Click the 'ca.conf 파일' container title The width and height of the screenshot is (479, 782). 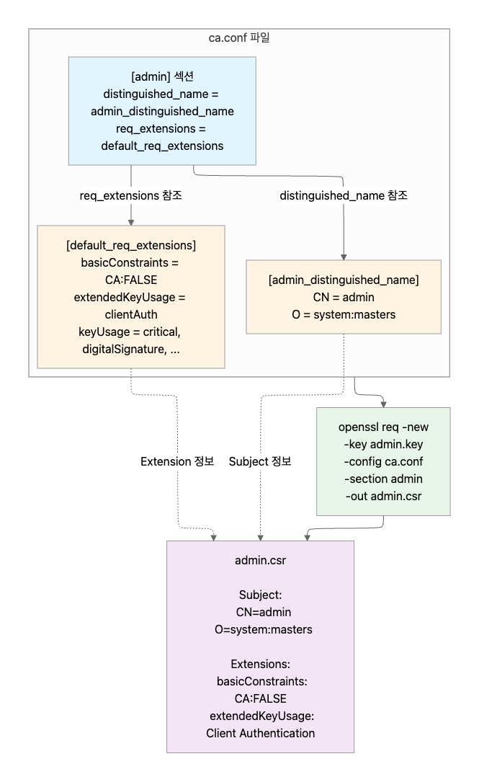[x=238, y=38]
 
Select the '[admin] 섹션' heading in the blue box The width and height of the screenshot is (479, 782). [x=162, y=76]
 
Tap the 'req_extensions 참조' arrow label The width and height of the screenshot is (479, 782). [x=130, y=195]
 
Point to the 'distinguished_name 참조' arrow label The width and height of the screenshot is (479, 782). [x=344, y=195]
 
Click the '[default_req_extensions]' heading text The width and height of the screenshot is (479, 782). [x=130, y=245]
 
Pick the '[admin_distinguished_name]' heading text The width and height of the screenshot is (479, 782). [x=343, y=280]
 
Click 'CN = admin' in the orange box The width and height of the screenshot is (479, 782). [x=343, y=297]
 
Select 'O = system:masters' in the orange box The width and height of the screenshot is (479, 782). [x=343, y=314]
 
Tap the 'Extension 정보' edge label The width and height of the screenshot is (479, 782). [x=177, y=461]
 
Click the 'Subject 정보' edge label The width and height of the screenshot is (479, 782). [x=260, y=461]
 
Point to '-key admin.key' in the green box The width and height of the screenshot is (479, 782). [x=383, y=444]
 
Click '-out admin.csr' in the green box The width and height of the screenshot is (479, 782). [x=383, y=496]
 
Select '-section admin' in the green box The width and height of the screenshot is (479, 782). [x=383, y=479]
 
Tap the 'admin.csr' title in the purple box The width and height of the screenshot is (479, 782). [x=260, y=560]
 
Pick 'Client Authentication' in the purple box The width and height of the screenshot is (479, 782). [x=260, y=733]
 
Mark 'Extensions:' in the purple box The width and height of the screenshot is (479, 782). [x=260, y=664]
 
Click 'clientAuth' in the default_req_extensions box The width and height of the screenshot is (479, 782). [x=130, y=314]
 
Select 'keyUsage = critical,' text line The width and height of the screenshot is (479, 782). [x=130, y=332]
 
